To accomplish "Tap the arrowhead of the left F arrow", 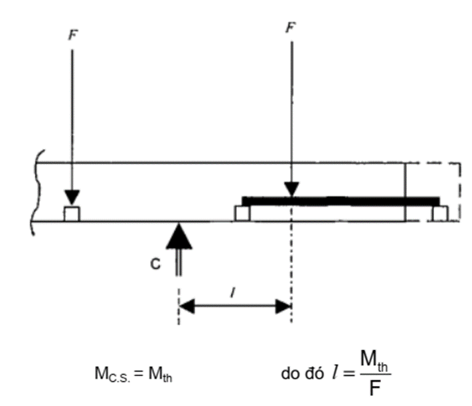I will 72,199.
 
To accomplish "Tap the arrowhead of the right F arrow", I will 290,189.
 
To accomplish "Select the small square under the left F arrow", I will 72,214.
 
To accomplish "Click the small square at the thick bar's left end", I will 242,213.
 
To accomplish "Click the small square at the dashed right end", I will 439,213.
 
